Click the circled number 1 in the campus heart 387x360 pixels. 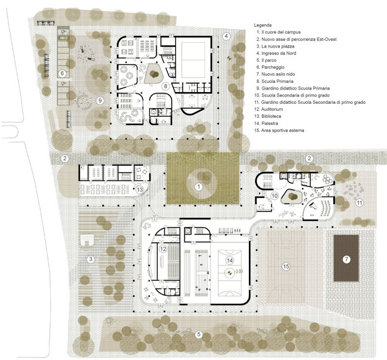point(199,187)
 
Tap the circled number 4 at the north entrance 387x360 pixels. point(226,36)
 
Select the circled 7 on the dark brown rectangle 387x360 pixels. point(347,259)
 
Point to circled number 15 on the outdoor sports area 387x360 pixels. point(286,267)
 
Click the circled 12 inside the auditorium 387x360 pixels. point(163,249)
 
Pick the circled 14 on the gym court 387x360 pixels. point(230,260)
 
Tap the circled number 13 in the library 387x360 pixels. point(140,190)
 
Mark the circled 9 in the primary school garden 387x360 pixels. point(100,101)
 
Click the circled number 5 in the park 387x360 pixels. point(199,335)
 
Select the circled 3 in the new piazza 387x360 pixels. point(91,259)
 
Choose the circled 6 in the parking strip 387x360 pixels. point(62,73)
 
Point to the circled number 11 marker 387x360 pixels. point(359,203)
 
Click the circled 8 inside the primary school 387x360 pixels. point(165,86)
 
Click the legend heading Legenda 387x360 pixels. point(263,25)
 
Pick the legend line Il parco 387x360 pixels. point(266,60)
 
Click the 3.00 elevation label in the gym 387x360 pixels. point(239,271)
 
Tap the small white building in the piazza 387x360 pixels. point(87,240)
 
